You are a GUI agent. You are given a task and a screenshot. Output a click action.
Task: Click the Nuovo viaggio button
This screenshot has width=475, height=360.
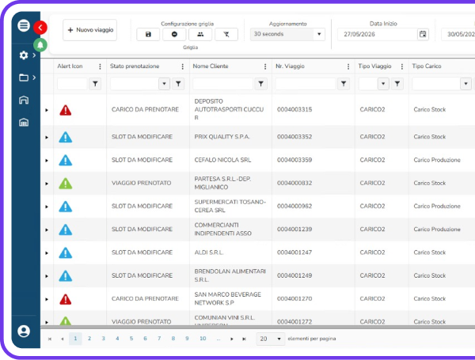click(x=90, y=30)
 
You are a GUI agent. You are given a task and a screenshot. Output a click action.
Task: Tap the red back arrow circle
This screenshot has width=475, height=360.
click(x=40, y=28)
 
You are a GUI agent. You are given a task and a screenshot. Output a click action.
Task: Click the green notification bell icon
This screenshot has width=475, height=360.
click(x=40, y=45)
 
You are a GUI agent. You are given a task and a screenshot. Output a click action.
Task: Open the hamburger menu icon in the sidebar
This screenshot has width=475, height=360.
click(x=24, y=25)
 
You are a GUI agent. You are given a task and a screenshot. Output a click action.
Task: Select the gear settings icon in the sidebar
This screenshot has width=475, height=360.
click(x=24, y=55)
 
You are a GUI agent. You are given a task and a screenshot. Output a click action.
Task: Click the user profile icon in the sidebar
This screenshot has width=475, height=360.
click(x=24, y=331)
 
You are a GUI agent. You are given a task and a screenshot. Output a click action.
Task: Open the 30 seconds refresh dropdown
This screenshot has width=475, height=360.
click(x=287, y=34)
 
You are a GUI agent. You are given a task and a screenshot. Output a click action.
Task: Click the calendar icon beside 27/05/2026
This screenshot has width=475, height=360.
click(x=423, y=34)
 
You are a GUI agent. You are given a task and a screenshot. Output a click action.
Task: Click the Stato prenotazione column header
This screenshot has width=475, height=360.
click(x=135, y=66)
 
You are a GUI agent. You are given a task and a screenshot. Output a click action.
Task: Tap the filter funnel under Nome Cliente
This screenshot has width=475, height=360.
click(x=260, y=84)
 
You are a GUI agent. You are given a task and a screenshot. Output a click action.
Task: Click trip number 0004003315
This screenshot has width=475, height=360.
click(x=294, y=109)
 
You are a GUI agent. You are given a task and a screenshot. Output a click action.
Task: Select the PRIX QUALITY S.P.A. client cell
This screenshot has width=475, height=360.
click(x=222, y=137)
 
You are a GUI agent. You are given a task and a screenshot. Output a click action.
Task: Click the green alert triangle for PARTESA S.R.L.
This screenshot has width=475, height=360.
click(x=66, y=184)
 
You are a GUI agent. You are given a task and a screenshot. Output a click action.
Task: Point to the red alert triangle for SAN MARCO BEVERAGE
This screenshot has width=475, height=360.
click(x=66, y=299)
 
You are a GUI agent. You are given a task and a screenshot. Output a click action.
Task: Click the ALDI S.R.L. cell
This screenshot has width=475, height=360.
click(x=209, y=252)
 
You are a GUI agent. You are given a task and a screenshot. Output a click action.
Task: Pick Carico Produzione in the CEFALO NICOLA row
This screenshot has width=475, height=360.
click(x=437, y=160)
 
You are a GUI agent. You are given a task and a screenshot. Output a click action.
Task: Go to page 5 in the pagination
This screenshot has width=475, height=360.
click(x=131, y=339)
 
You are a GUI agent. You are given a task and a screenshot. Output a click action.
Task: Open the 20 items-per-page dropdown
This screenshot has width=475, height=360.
click(x=270, y=339)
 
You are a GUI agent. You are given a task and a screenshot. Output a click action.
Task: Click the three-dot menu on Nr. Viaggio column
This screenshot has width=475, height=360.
click(x=348, y=66)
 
